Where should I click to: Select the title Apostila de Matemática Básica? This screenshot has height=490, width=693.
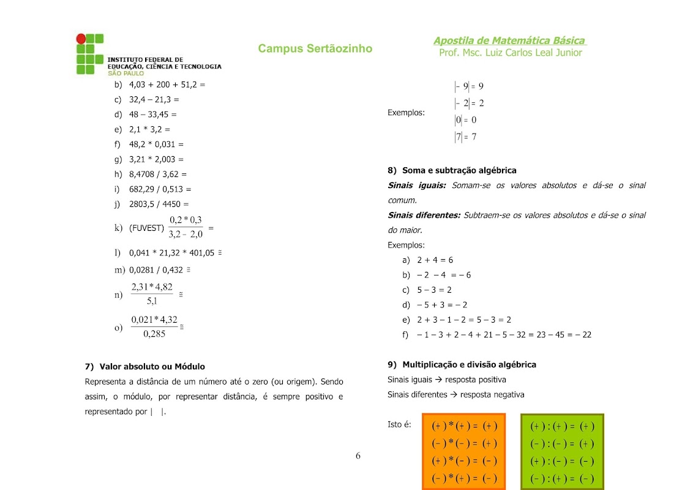[x=509, y=40]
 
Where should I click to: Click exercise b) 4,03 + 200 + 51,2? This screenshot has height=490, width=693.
[x=167, y=85]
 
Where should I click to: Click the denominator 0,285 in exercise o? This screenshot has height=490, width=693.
[x=154, y=334]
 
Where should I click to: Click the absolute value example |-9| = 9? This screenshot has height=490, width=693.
[x=469, y=86]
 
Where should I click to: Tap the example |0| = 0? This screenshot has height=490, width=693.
[x=465, y=120]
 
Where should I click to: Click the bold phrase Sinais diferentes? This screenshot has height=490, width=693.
[x=424, y=215]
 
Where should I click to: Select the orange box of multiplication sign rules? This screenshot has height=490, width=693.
[x=464, y=452]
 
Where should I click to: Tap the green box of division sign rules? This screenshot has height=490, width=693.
[x=562, y=452]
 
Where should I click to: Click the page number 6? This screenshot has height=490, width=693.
[x=358, y=456]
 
